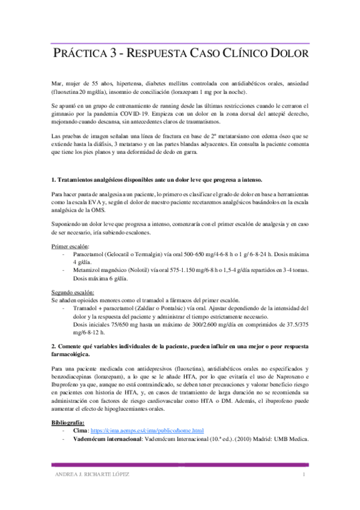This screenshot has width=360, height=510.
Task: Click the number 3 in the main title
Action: [x=113, y=54]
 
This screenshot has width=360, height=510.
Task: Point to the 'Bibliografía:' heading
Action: [x=69, y=423]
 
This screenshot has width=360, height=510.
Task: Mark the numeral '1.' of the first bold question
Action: [x=54, y=180]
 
